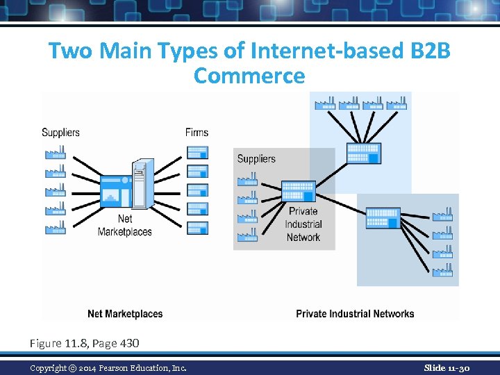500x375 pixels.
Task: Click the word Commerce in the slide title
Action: [249, 75]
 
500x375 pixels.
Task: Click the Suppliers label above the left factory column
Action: [60, 132]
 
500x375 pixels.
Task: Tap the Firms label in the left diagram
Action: [197, 132]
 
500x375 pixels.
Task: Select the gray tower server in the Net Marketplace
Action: [143, 183]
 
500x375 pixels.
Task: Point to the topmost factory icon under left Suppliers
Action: [55, 152]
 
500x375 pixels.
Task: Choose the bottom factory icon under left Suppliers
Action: [55, 227]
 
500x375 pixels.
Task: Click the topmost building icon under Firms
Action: [197, 152]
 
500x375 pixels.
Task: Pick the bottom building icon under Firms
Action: [197, 227]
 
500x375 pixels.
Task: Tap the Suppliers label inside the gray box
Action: [256, 159]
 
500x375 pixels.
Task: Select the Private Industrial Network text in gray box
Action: [303, 224]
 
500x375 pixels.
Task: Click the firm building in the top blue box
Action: [364, 153]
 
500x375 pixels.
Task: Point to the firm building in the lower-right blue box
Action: [383, 217]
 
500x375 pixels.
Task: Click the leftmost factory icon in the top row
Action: [325, 103]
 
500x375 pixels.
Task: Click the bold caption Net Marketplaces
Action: [125, 314]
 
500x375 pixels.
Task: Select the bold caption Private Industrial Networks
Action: [355, 314]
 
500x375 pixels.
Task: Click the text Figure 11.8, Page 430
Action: [84, 343]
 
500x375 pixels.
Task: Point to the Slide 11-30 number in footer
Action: [447, 367]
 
